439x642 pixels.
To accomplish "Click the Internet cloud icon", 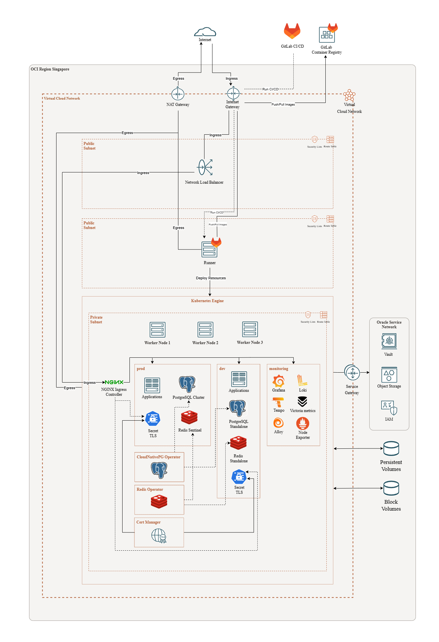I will (x=205, y=32).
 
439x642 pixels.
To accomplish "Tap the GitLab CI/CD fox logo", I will (x=292, y=31).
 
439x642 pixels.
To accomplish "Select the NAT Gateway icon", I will (x=178, y=94).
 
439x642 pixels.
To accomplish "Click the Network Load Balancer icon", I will (x=205, y=167).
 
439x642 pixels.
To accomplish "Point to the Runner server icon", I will (x=209, y=249).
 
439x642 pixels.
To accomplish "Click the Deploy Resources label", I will (x=211, y=278).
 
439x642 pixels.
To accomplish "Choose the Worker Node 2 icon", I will (x=205, y=330).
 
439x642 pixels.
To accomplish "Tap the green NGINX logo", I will (x=114, y=382).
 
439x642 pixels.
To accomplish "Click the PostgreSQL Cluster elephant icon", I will (x=187, y=385).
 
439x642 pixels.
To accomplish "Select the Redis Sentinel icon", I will (x=189, y=418).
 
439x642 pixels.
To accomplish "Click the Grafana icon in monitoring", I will (x=278, y=381).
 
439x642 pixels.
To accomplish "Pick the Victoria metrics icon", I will (x=302, y=402).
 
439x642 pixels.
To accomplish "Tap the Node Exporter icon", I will (x=303, y=423).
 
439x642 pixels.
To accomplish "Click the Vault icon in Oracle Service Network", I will (x=389, y=341).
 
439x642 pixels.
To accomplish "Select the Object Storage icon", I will (x=389, y=375).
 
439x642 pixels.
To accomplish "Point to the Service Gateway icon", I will (x=352, y=373).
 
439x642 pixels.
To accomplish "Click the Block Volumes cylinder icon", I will (x=391, y=488).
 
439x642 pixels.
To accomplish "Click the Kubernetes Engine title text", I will (x=207, y=301).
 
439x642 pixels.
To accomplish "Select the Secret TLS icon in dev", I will (x=239, y=477).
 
